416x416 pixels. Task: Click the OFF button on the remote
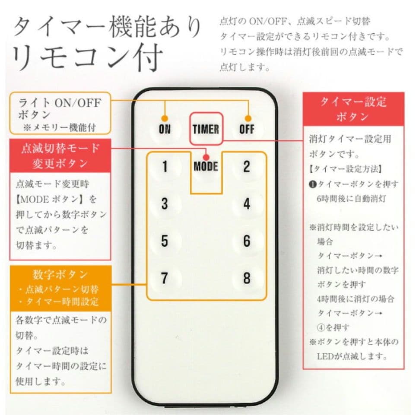pos(247,129)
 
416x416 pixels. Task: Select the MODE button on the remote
pos(206,167)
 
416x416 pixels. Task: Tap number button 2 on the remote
pos(247,167)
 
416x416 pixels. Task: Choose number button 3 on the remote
pos(165,204)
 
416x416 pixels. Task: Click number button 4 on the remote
pos(247,204)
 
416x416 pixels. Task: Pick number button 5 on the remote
pos(165,241)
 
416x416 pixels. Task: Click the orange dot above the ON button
pos(165,118)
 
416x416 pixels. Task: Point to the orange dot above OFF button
pos(248,118)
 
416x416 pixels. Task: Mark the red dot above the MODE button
pos(206,157)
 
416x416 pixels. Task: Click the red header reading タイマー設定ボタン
pos(353,109)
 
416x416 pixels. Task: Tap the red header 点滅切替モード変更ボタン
pos(60,156)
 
